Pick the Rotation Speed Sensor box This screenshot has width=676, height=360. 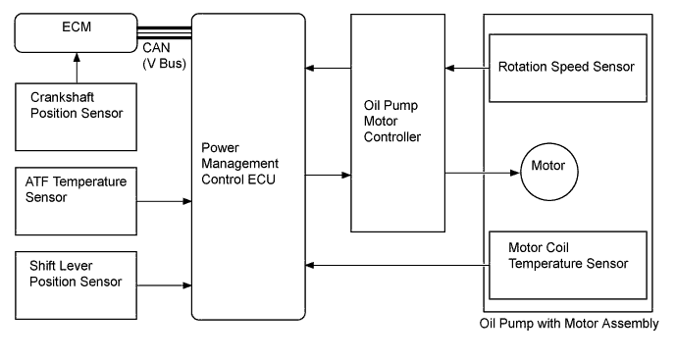(567, 68)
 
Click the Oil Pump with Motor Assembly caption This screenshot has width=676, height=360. (568, 324)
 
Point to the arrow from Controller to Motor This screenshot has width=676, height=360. (480, 175)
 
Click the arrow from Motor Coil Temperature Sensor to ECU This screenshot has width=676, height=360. (396, 264)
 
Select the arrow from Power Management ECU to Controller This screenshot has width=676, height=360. (328, 176)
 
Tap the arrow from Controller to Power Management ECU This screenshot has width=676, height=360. (328, 68)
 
